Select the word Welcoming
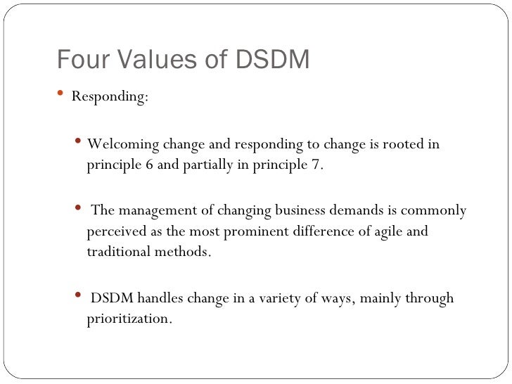(122, 146)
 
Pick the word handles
(157, 298)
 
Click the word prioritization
(129, 319)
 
